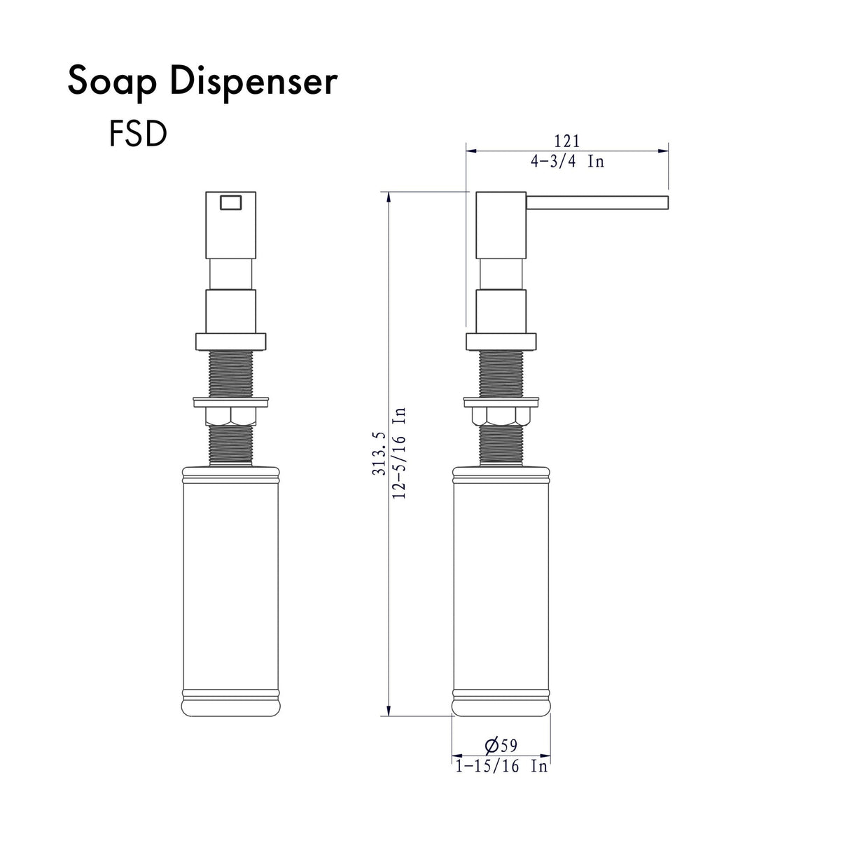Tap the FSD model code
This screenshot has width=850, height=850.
point(138,134)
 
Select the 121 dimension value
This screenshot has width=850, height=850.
point(566,142)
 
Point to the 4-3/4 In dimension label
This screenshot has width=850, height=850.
point(566,162)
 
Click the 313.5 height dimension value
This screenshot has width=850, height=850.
point(380,453)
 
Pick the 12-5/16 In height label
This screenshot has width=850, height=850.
point(400,452)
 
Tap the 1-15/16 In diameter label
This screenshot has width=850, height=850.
point(501,767)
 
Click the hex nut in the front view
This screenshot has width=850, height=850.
point(230,417)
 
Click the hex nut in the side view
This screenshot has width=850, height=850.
point(500,417)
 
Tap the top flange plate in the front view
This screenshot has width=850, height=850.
point(230,342)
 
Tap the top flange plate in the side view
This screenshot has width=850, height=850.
point(501,342)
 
